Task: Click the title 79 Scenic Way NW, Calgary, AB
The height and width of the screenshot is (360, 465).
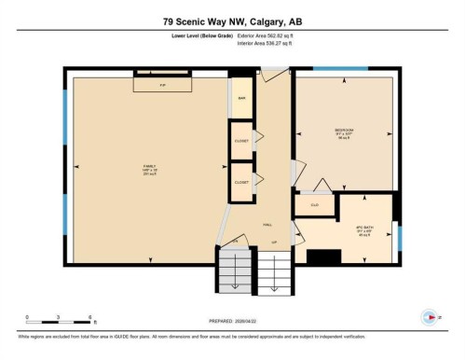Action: point(232,21)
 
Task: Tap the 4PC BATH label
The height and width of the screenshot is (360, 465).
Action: point(365,228)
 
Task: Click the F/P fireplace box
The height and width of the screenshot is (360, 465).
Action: point(163,85)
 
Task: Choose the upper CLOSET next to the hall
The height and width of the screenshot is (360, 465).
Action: point(240,141)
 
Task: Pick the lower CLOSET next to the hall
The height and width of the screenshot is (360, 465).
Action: point(240,183)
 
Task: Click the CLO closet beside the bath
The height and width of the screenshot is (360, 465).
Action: point(314,202)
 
